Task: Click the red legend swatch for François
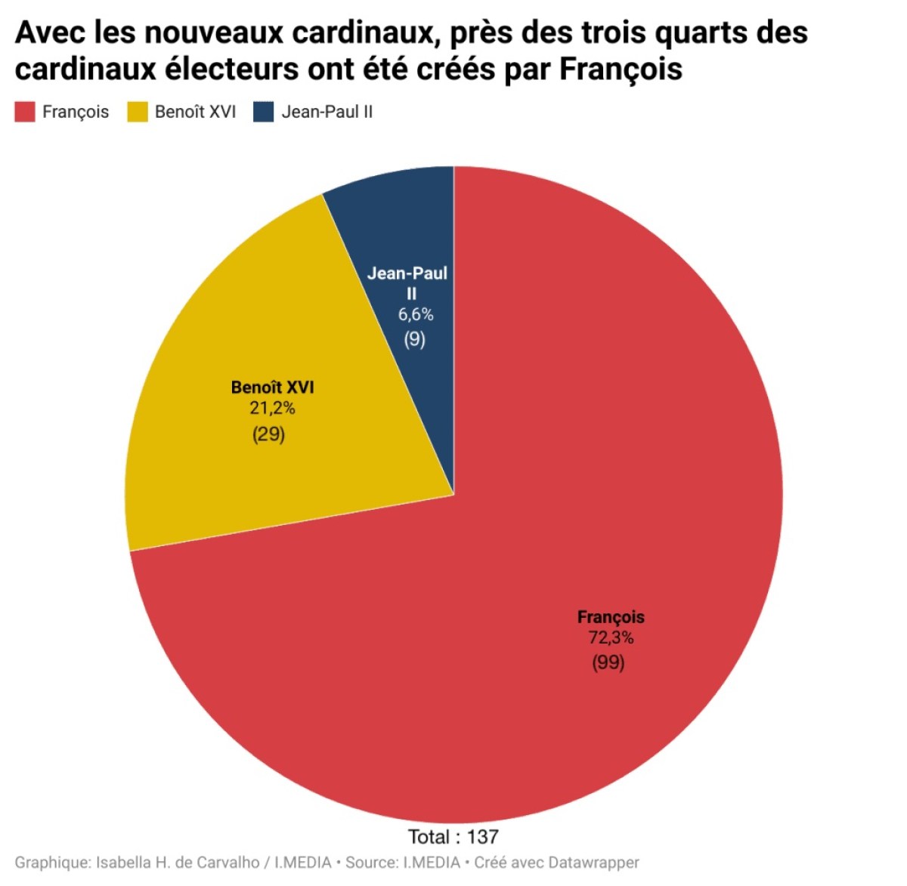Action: [25, 112]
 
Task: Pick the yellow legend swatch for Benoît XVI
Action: [138, 112]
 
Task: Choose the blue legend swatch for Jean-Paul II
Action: [263, 112]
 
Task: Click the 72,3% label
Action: [611, 637]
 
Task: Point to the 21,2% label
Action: [272, 408]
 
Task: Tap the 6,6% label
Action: [415, 315]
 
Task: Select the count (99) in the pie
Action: [608, 662]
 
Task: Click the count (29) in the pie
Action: [268, 434]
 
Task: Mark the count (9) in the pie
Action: [414, 340]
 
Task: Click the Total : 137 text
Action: [453, 837]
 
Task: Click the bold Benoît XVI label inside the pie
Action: [273, 387]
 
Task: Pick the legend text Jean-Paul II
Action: [327, 112]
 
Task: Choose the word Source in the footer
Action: [370, 863]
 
